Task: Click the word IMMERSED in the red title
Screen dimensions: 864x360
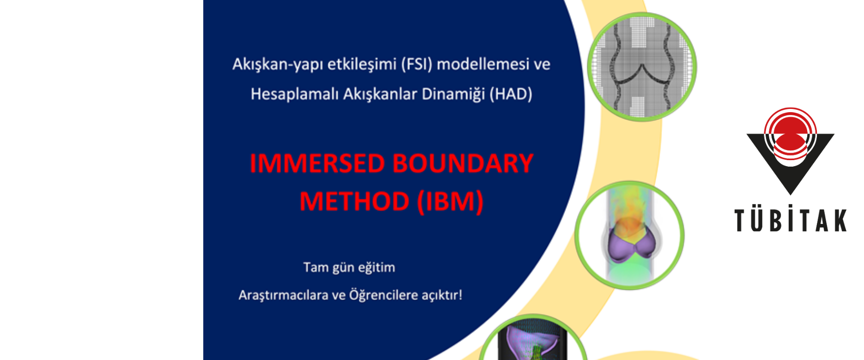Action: pyautogui.click(x=317, y=163)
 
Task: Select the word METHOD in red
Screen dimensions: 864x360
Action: pyautogui.click(x=354, y=202)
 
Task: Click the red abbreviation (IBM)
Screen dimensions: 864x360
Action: pyautogui.click(x=450, y=202)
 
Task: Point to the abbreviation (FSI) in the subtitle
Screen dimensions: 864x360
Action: pyautogui.click(x=416, y=64)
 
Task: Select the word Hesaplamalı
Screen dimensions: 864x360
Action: pyautogui.click(x=294, y=95)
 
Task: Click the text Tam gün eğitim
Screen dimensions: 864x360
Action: pyautogui.click(x=349, y=268)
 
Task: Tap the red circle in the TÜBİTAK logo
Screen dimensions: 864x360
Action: pyautogui.click(x=791, y=134)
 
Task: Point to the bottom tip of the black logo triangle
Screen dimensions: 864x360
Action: pyautogui.click(x=791, y=194)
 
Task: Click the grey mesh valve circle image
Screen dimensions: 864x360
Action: pyautogui.click(x=642, y=67)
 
